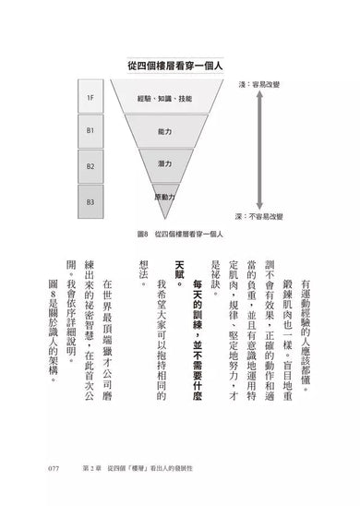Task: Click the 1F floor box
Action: click(90, 96)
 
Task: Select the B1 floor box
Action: click(90, 130)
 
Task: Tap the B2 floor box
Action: click(90, 166)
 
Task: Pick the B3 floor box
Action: click(90, 200)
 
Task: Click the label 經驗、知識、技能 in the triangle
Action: click(164, 97)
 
